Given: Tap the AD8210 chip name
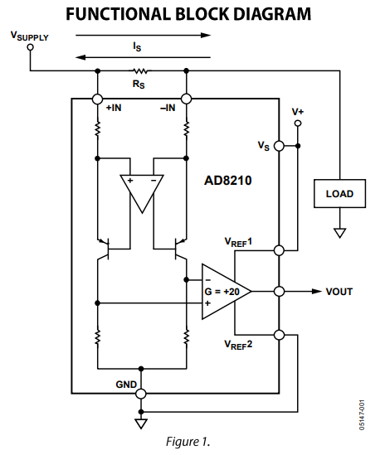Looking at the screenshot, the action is pos(228,181).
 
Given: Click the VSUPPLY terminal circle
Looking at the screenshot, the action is pos(30,47).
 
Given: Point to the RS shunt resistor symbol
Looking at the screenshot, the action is pos(139,70).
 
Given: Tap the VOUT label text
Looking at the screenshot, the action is pos(339,292).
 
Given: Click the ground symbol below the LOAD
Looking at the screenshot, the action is pos(339,233).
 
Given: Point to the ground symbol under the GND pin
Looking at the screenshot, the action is pos(141,424).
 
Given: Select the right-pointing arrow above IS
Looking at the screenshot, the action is pos(143,36).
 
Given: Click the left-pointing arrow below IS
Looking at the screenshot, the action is pos(143,57).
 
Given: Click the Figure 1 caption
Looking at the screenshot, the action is pos(188,442).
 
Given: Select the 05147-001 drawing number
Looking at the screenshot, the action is pos(362,415).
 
